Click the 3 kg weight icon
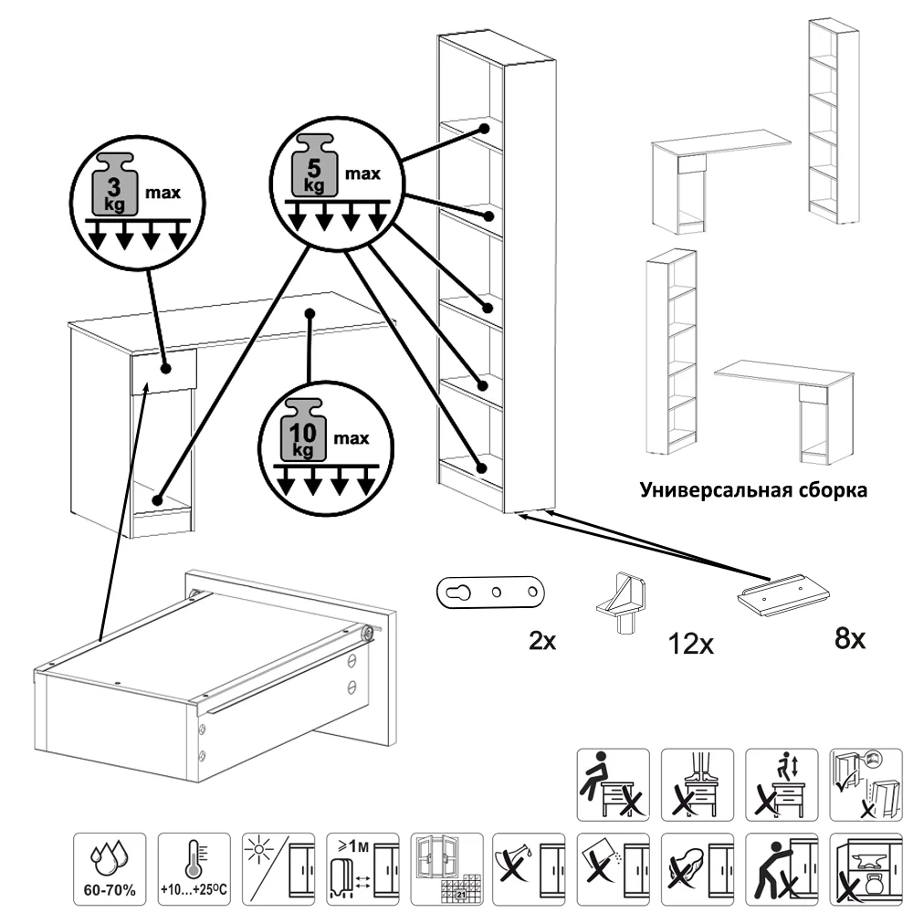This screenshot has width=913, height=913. [111, 186]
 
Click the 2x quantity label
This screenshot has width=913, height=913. [542, 640]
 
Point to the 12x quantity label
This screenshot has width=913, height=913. [690, 645]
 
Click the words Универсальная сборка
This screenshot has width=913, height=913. [753, 489]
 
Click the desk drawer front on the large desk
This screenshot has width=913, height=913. [163, 371]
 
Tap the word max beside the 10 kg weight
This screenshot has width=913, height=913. [351, 439]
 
